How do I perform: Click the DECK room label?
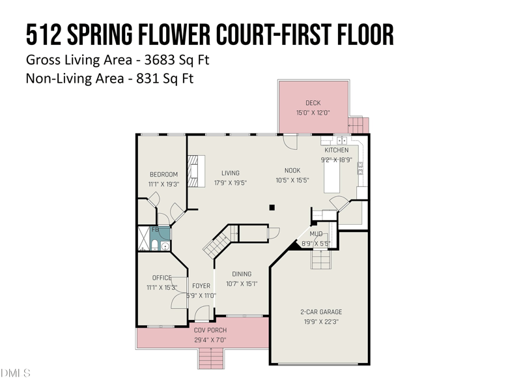click(313, 103)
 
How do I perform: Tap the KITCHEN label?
click(337, 151)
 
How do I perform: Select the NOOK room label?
click(292, 171)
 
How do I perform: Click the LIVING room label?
click(231, 173)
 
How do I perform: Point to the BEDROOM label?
click(163, 175)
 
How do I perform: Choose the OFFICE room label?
click(162, 278)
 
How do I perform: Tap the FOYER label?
click(201, 286)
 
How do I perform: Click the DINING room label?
click(242, 274)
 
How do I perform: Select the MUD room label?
click(316, 234)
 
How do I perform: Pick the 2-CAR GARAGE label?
click(321, 312)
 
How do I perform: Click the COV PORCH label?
click(210, 330)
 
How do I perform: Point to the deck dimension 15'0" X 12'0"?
click(313, 113)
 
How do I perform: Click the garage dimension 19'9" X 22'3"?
click(321, 321)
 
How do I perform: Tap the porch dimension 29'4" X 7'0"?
click(210, 340)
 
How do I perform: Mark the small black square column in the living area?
click(273, 208)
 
